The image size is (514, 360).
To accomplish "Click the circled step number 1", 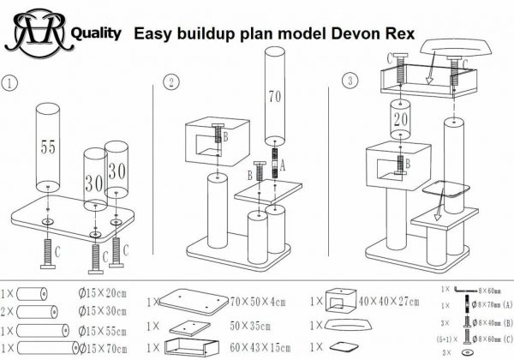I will click(9, 84).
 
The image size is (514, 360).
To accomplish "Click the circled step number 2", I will click(173, 83).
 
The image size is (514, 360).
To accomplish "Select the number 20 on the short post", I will click(399, 120).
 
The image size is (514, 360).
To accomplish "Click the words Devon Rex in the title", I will click(376, 34).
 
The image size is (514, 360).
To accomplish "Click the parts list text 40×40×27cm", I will click(391, 302).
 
